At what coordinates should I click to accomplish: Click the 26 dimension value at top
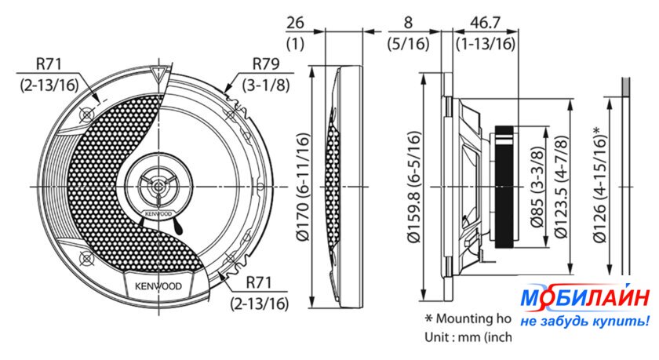pyautogui.click(x=296, y=24)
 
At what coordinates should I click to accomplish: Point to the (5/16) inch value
pyautogui.click(x=410, y=43)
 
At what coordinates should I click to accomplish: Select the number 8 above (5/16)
pyautogui.click(x=410, y=24)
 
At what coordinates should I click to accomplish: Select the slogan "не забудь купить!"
pyautogui.click(x=584, y=321)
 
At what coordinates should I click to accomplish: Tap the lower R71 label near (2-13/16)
pyautogui.click(x=262, y=283)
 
